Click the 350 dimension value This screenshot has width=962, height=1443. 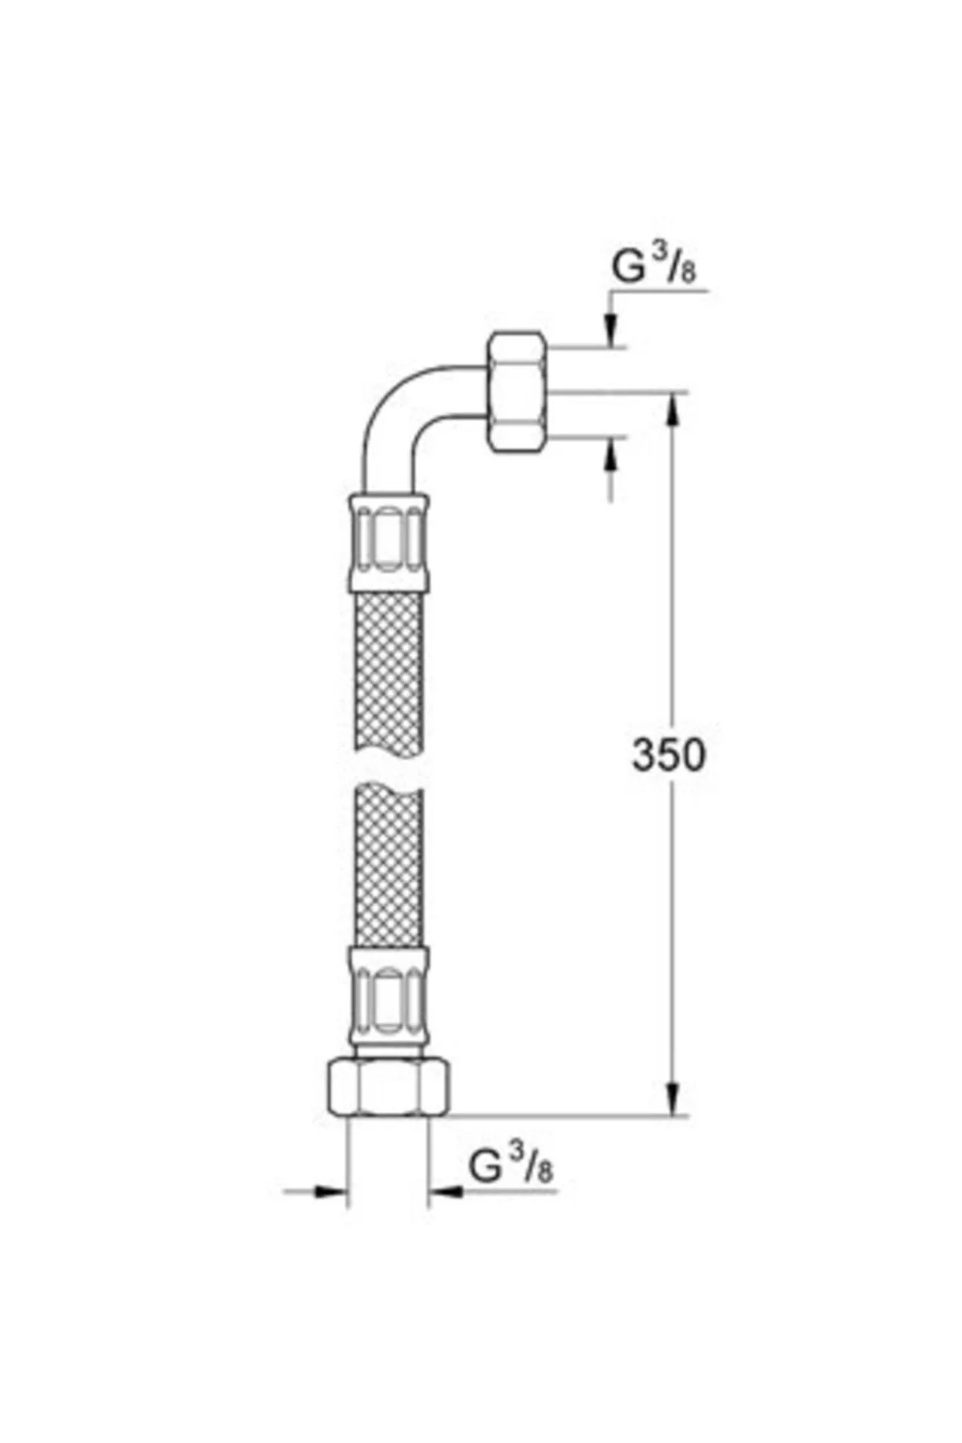(669, 754)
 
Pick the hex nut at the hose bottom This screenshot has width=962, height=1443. (389, 1085)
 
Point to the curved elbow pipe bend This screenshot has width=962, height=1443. (393, 417)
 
